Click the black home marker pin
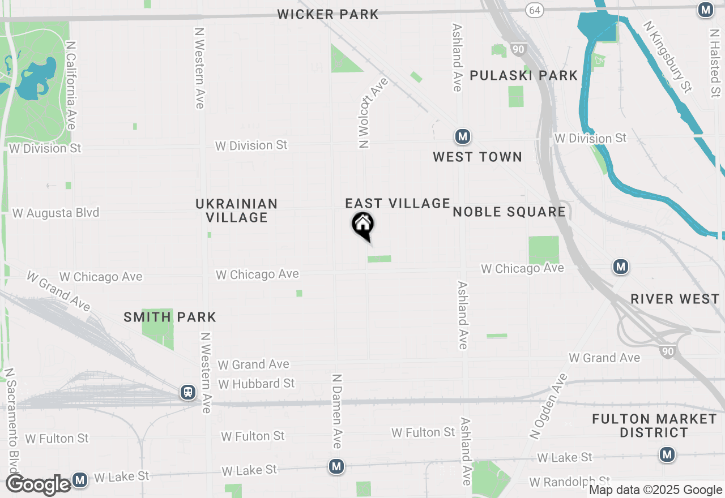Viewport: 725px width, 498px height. tap(362, 225)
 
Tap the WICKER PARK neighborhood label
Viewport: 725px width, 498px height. tap(328, 14)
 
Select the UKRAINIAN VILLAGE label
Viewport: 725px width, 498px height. tap(237, 211)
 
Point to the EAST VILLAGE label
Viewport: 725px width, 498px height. tap(398, 203)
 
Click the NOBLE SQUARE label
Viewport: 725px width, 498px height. tap(509, 212)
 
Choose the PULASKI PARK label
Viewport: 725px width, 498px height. tap(524, 75)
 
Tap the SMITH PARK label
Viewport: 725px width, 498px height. tap(170, 317)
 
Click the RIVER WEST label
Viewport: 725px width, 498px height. tap(675, 299)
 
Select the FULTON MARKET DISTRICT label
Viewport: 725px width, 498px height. tap(654, 426)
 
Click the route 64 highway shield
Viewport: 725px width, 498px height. tap(534, 10)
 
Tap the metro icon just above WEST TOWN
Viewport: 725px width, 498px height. tap(463, 136)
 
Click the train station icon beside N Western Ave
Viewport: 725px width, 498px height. tap(188, 392)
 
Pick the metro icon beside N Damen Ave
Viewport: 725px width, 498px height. tap(337, 466)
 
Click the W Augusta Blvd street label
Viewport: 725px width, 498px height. tap(56, 213)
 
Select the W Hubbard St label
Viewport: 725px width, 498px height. tap(257, 384)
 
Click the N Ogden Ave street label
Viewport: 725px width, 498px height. tap(548, 406)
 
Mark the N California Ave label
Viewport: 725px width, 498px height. tap(71, 85)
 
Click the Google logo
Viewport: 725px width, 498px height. tap(39, 485)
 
